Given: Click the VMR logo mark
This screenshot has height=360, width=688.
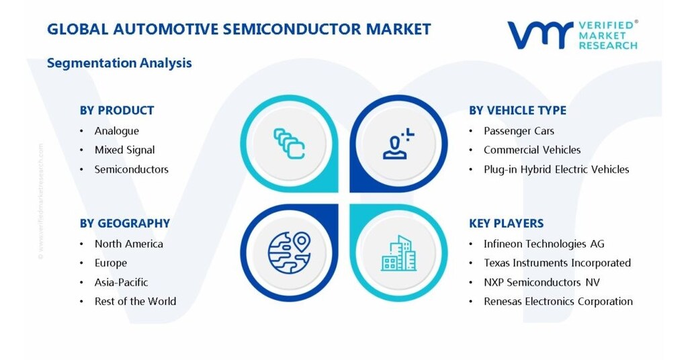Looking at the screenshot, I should coord(540,34).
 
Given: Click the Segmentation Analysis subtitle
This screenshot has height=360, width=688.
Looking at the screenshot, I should coord(120,63).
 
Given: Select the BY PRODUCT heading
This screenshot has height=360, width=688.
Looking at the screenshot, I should coord(117,110).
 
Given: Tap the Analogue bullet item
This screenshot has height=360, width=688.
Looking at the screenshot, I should coord(117,131).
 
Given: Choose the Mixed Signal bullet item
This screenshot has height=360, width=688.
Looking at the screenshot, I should coord(124,150).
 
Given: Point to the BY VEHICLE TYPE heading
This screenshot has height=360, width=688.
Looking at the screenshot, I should coord(517,110).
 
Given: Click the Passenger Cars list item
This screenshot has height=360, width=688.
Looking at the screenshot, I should coord(519,131).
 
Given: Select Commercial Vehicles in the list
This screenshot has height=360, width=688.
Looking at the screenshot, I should coord(532,150).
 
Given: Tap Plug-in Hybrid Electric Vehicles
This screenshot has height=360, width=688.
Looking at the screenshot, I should coord(556,169).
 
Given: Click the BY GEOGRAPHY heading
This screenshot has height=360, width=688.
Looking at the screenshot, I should coord(125,223).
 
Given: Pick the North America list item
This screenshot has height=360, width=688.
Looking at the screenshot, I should coord(128,244).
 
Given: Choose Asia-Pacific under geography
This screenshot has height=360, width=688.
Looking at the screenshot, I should coord(121,282).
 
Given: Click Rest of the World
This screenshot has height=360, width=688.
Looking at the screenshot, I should coord(135,302).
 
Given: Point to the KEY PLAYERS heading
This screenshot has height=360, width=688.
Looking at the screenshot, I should coord(506,223).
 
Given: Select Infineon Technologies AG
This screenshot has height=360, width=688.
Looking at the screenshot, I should coord(544,244).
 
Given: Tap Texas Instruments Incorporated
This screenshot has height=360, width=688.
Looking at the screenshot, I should coord(557,263).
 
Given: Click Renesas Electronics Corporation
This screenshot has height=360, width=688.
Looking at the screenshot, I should coord(558,302).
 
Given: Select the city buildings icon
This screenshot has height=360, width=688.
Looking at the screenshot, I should coord(399,253).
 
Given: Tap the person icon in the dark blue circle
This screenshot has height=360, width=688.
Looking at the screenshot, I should coord(398,144).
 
